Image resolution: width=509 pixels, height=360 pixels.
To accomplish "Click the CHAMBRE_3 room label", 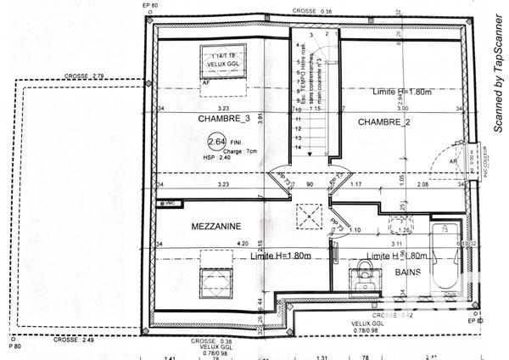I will tap(200, 118).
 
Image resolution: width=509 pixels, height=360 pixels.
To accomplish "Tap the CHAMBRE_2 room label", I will tap(383, 122).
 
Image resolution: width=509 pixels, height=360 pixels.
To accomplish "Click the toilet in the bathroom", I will tap(365, 273).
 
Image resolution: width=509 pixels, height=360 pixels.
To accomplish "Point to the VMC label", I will tap(171, 204).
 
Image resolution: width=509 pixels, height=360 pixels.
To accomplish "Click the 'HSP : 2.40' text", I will tap(217, 158).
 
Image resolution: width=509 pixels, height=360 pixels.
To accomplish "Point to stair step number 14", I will tap(298, 147).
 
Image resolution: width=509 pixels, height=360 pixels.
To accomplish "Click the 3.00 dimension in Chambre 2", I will tap(401, 109).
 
